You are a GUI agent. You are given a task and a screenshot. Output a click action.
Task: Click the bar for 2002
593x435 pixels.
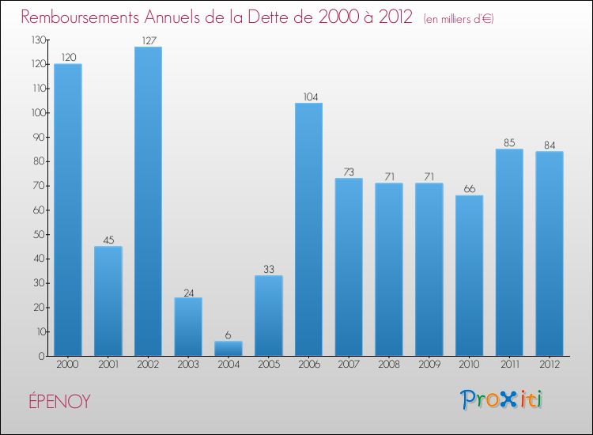148,202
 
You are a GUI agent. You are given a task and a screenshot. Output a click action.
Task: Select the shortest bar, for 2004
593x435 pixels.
229,349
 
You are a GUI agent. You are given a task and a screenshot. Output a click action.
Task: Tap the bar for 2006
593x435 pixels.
308,229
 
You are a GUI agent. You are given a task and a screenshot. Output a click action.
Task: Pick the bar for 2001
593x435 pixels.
108,301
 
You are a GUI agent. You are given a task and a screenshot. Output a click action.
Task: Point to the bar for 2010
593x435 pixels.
469,276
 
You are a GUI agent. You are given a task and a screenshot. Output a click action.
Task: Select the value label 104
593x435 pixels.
308,96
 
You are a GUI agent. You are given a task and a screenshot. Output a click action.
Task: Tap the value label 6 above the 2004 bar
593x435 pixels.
229,335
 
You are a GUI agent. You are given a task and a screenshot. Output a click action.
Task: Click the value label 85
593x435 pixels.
509,143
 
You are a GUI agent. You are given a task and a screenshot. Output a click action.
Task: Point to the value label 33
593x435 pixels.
269,269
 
